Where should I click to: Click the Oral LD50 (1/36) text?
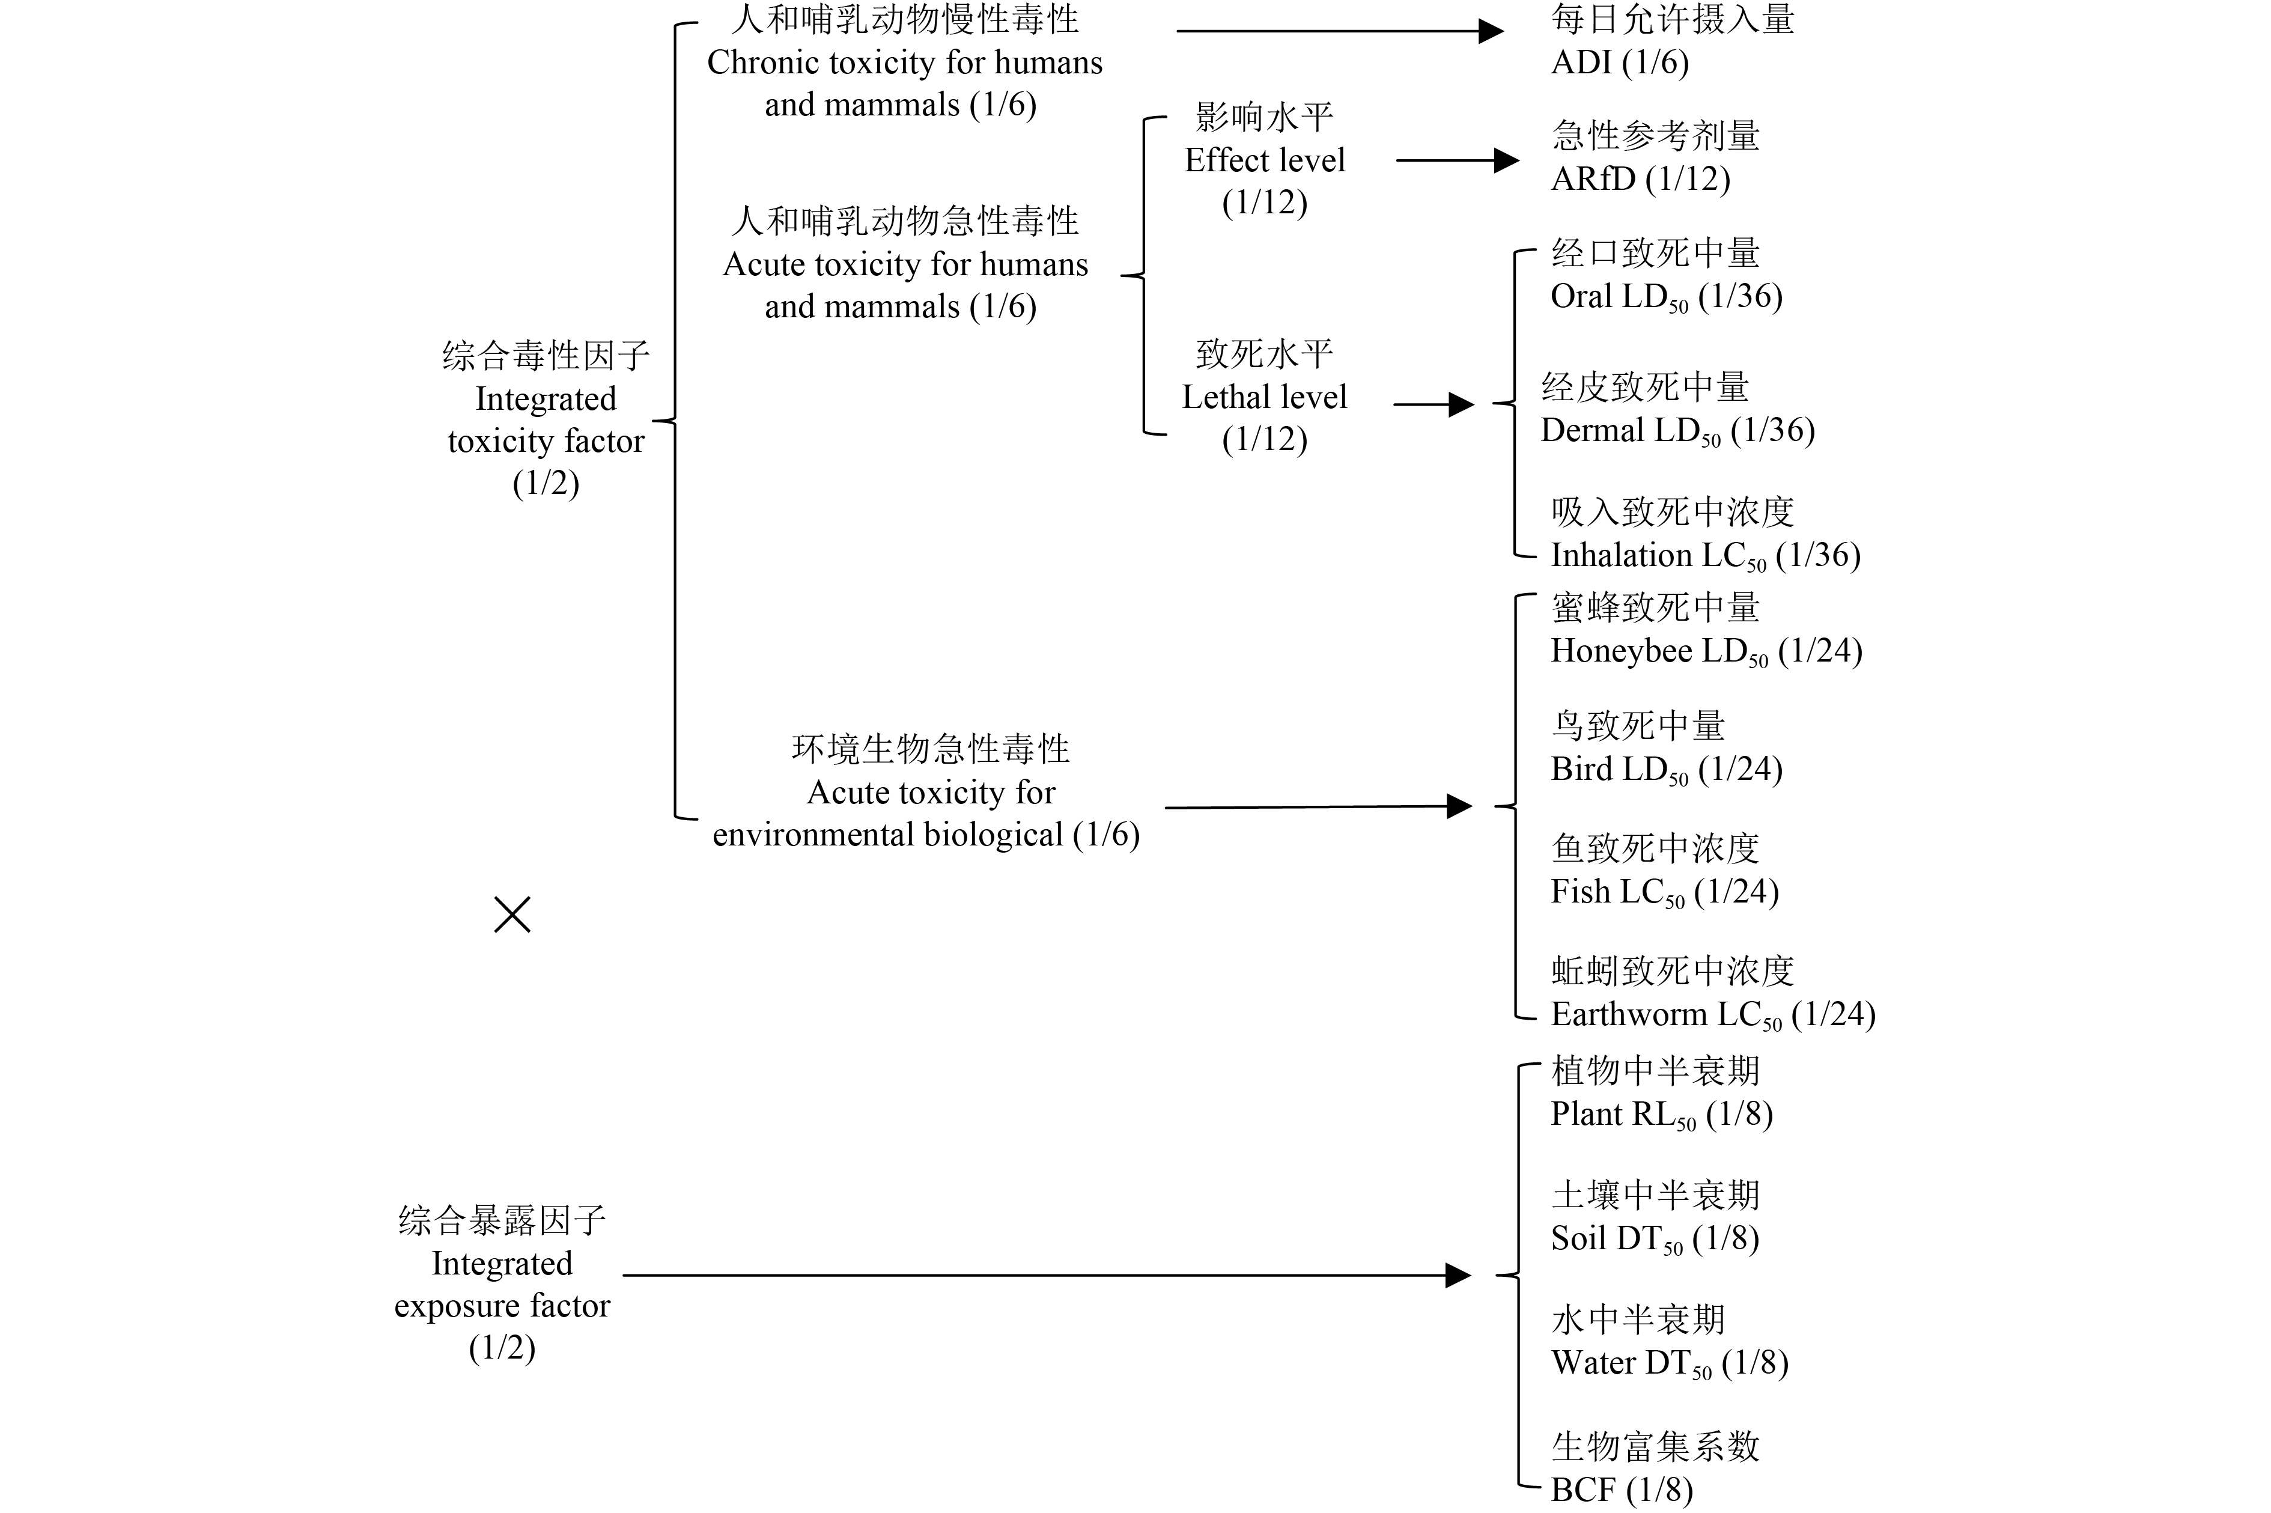coord(1665,296)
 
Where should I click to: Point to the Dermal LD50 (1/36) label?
coord(1677,430)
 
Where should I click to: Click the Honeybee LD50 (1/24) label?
coord(1706,651)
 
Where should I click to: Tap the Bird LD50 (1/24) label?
coord(1665,769)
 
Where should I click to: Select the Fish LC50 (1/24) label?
coord(1664,892)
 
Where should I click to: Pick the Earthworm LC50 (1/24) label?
coord(1712,1014)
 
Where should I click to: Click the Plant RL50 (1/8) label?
coord(1661,1115)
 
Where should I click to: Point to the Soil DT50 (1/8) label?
coord(1655,1238)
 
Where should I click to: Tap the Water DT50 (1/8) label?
coord(1669,1362)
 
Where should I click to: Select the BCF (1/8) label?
coord(1621,1490)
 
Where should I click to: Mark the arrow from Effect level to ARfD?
coord(1457,160)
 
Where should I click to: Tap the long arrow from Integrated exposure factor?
coord(1046,1276)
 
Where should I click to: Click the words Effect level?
coord(1264,160)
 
